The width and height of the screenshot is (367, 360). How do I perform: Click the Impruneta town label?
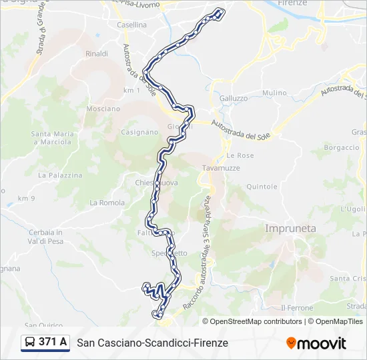coord(290,228)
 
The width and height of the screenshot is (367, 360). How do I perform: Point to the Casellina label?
coord(131,25)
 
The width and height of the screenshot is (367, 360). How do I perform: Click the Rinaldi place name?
coord(97,53)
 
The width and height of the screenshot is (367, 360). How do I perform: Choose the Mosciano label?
coord(103,109)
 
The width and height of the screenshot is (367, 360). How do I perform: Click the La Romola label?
coord(107,203)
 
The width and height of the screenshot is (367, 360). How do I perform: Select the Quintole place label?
coord(262,187)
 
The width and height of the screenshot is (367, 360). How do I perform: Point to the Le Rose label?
coord(240,155)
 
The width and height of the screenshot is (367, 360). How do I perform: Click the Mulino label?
coord(274,93)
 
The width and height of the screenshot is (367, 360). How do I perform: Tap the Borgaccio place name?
coord(342,147)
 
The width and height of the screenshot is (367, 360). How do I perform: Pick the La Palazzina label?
coord(60,175)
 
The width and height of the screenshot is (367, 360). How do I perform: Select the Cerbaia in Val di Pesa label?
coord(46,237)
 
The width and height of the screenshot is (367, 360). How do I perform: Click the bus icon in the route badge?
coord(31,343)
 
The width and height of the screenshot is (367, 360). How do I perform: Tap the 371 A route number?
coord(53,342)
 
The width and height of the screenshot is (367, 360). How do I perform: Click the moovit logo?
coord(316,343)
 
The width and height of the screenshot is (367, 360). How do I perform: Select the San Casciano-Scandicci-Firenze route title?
coord(152,343)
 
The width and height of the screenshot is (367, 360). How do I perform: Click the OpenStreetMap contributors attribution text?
coord(253,321)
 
